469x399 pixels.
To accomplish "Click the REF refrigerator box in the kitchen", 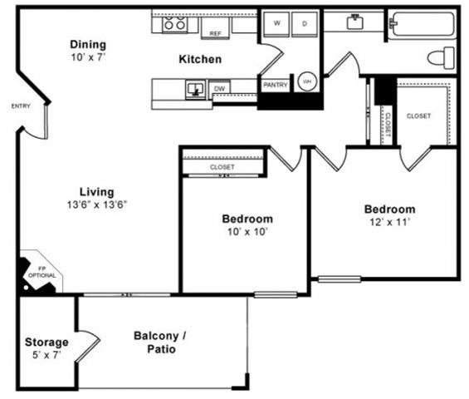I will click(215, 30).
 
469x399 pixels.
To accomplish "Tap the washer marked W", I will click(276, 24).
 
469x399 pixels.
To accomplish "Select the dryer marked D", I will click(305, 24).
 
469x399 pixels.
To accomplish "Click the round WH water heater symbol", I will click(307, 81).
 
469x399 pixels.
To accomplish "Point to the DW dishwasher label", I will click(220, 87).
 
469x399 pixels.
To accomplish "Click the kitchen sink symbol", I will click(195, 88).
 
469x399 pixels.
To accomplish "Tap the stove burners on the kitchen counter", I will click(175, 24).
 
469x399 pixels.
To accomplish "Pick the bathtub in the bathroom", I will click(423, 23).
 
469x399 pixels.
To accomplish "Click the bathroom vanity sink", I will click(354, 19).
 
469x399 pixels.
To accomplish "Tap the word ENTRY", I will click(21, 106).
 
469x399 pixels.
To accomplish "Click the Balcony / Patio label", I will click(160, 342).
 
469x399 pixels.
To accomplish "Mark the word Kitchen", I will click(200, 59).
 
